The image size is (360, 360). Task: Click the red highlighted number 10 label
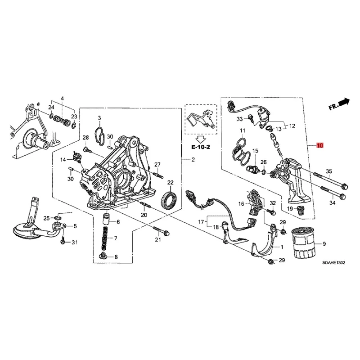pos(319,145)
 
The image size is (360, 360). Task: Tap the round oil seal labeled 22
pos(170,200)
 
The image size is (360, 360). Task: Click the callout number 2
pos(193,160)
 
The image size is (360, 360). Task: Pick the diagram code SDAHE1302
pos(333,263)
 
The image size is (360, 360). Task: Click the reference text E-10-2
pos(200,147)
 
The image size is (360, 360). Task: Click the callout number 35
pos(329,171)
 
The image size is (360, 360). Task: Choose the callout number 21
pos(158,239)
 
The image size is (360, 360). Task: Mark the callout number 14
pos(63,159)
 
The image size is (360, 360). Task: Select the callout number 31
pos(75,243)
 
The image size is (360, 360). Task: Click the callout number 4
pos(63,99)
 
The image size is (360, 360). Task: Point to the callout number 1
pos(282,247)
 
